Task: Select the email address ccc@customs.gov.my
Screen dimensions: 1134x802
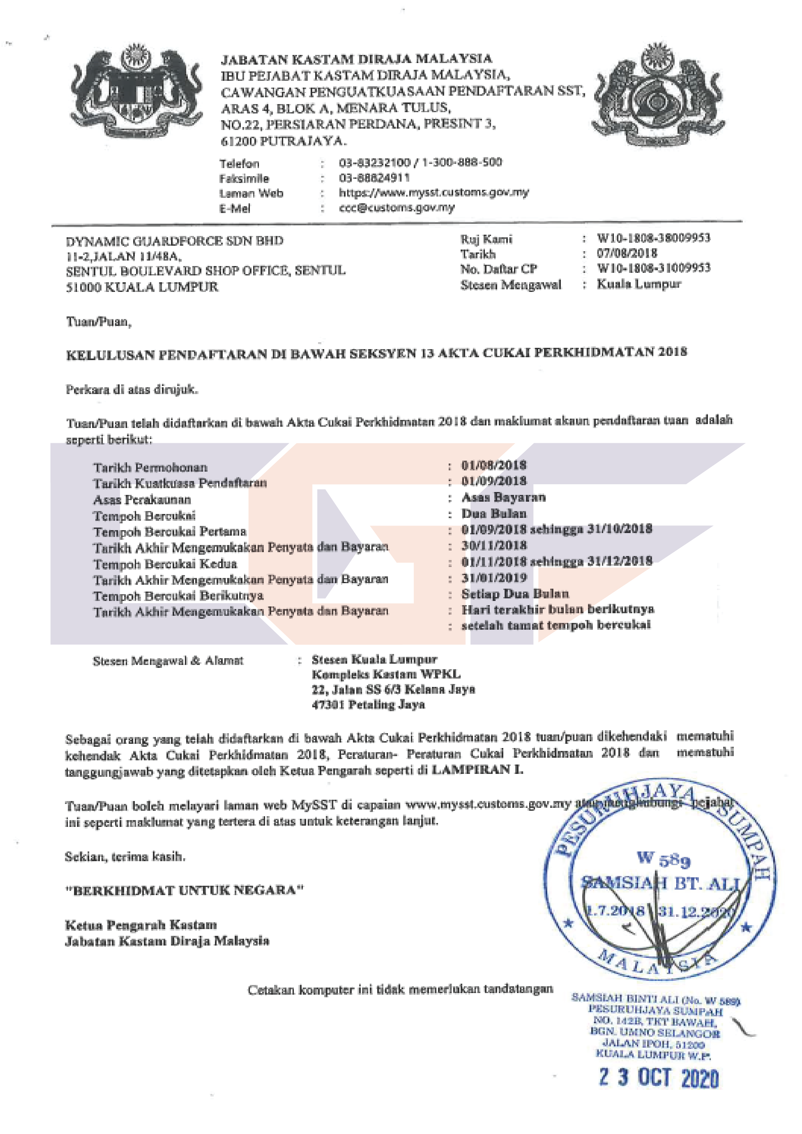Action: [x=397, y=208]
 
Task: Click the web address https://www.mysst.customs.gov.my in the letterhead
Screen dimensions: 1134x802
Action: [x=433, y=193]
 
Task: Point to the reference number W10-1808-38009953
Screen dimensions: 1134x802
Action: [x=653, y=238]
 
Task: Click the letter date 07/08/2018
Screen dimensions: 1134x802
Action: [x=627, y=253]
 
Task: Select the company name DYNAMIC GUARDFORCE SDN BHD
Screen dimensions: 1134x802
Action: [x=174, y=241]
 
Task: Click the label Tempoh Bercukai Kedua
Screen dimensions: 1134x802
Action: [x=165, y=564]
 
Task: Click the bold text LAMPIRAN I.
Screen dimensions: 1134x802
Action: [x=477, y=769]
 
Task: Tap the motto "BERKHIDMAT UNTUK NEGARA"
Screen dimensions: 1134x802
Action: [x=184, y=891]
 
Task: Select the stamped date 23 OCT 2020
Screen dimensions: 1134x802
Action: [x=659, y=1078]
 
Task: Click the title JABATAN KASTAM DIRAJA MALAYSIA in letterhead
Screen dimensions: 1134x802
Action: [x=356, y=59]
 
